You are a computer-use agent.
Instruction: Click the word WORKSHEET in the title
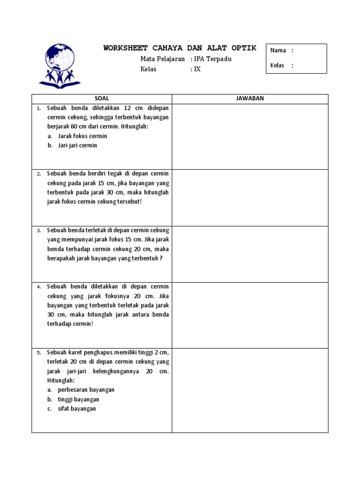click(125, 48)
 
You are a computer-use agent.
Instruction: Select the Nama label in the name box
click(278, 51)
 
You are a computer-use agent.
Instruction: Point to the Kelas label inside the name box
click(277, 66)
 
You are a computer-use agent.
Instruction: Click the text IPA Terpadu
click(213, 59)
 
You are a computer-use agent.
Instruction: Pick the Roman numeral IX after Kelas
click(197, 69)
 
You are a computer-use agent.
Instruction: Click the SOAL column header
click(102, 98)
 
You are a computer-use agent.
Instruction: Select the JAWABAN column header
click(250, 98)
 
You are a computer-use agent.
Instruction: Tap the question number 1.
click(39, 108)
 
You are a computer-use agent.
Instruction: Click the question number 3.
click(39, 231)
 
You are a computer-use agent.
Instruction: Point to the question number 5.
click(39, 353)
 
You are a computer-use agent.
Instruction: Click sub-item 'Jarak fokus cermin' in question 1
click(82, 136)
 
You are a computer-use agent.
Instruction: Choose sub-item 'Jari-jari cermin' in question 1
click(78, 145)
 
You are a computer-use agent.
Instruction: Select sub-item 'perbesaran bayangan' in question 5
click(86, 390)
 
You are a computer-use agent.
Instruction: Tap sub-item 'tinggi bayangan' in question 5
click(78, 399)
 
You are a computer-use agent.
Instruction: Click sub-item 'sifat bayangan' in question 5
click(77, 409)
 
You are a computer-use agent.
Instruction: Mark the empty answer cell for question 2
click(250, 197)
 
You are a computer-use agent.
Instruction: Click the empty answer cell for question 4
click(250, 315)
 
